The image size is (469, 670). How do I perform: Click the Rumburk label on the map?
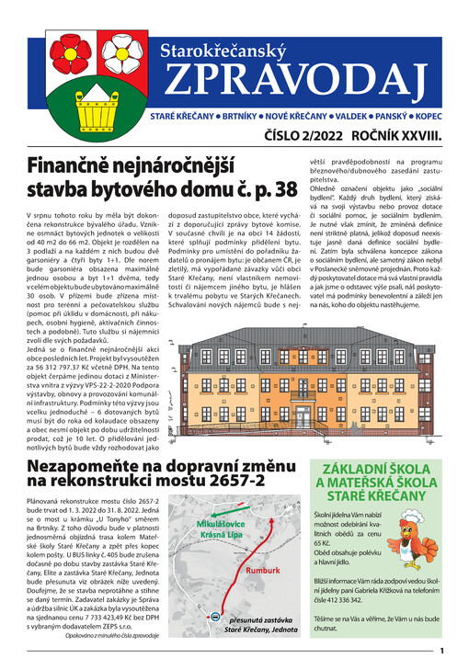tap(262, 570)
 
